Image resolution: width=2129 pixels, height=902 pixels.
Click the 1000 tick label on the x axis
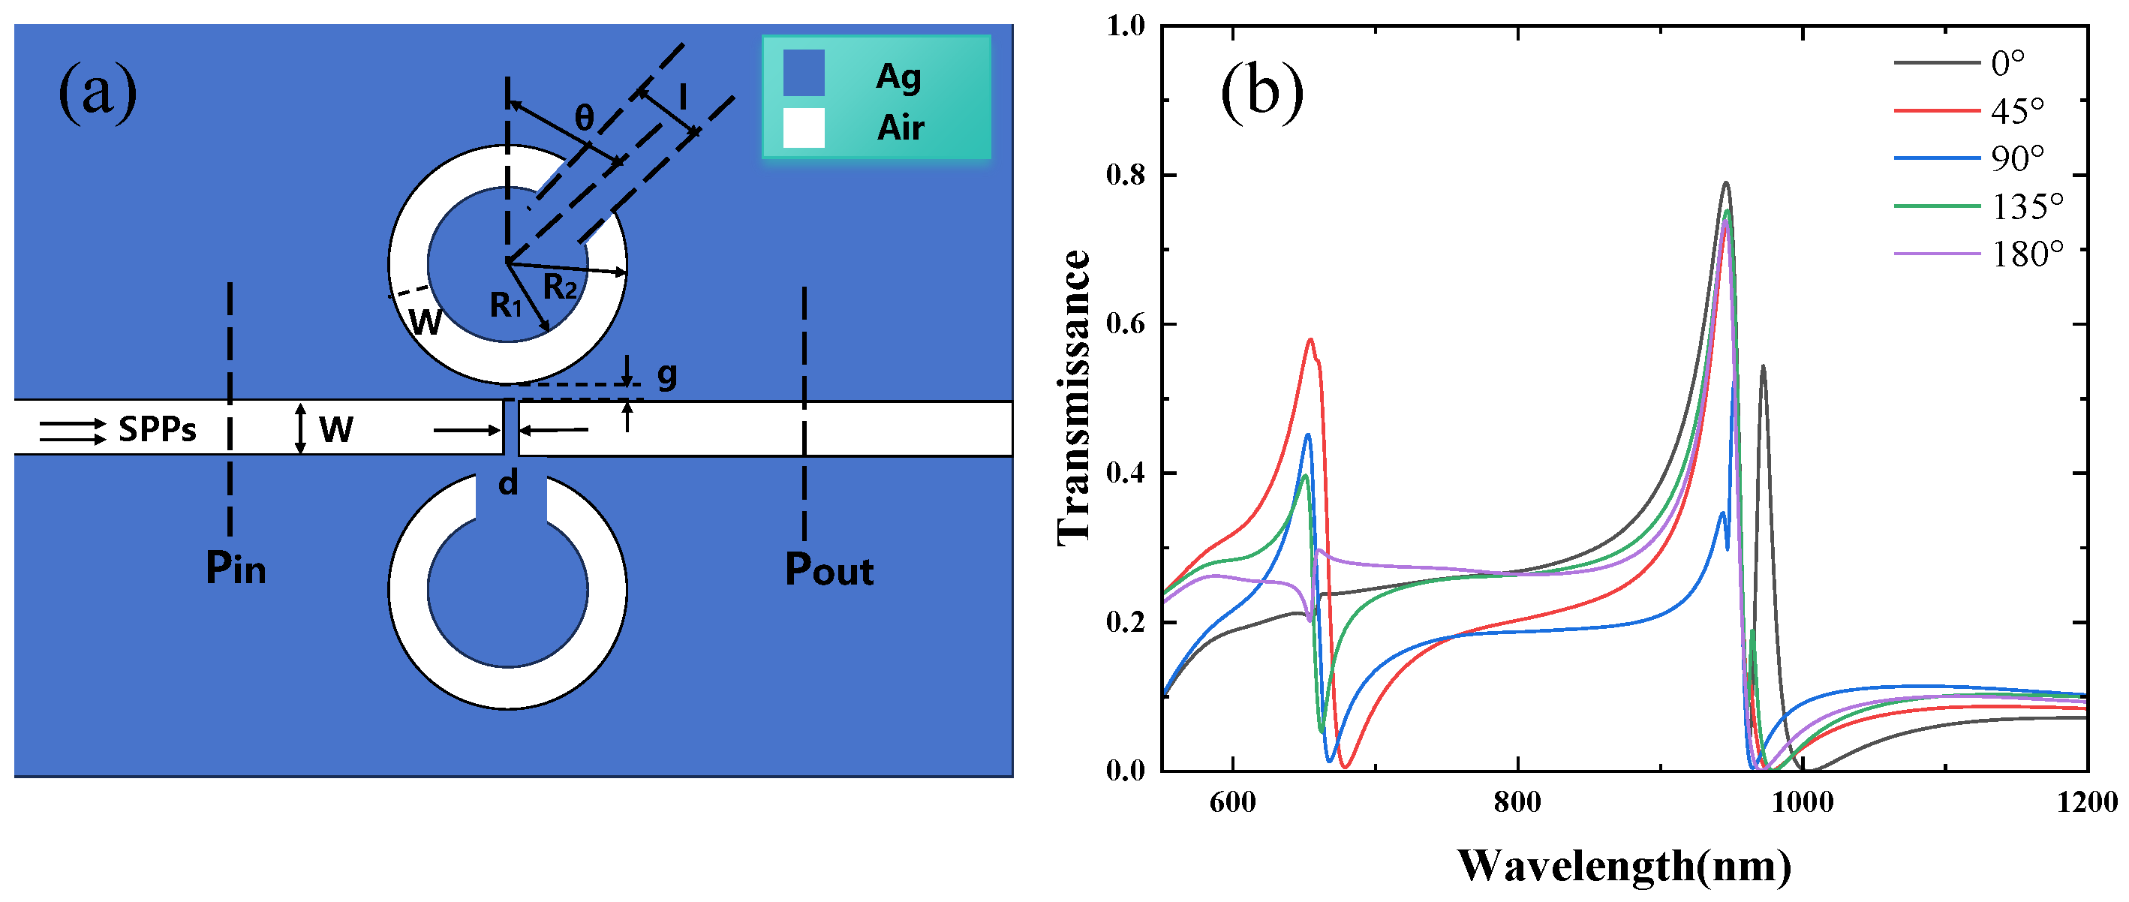tap(1802, 803)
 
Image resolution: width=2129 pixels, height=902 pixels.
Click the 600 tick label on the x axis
tap(1232, 803)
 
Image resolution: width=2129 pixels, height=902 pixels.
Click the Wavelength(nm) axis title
tap(1624, 867)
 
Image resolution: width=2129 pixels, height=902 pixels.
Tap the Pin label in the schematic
tap(236, 569)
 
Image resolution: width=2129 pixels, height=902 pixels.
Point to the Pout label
tap(829, 570)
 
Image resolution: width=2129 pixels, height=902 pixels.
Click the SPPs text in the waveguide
tap(157, 429)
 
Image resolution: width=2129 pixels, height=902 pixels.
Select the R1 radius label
tap(506, 306)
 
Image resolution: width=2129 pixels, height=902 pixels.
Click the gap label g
tap(667, 375)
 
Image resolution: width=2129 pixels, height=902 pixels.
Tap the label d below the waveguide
tap(508, 483)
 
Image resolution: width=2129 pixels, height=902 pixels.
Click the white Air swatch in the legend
tap(803, 128)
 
